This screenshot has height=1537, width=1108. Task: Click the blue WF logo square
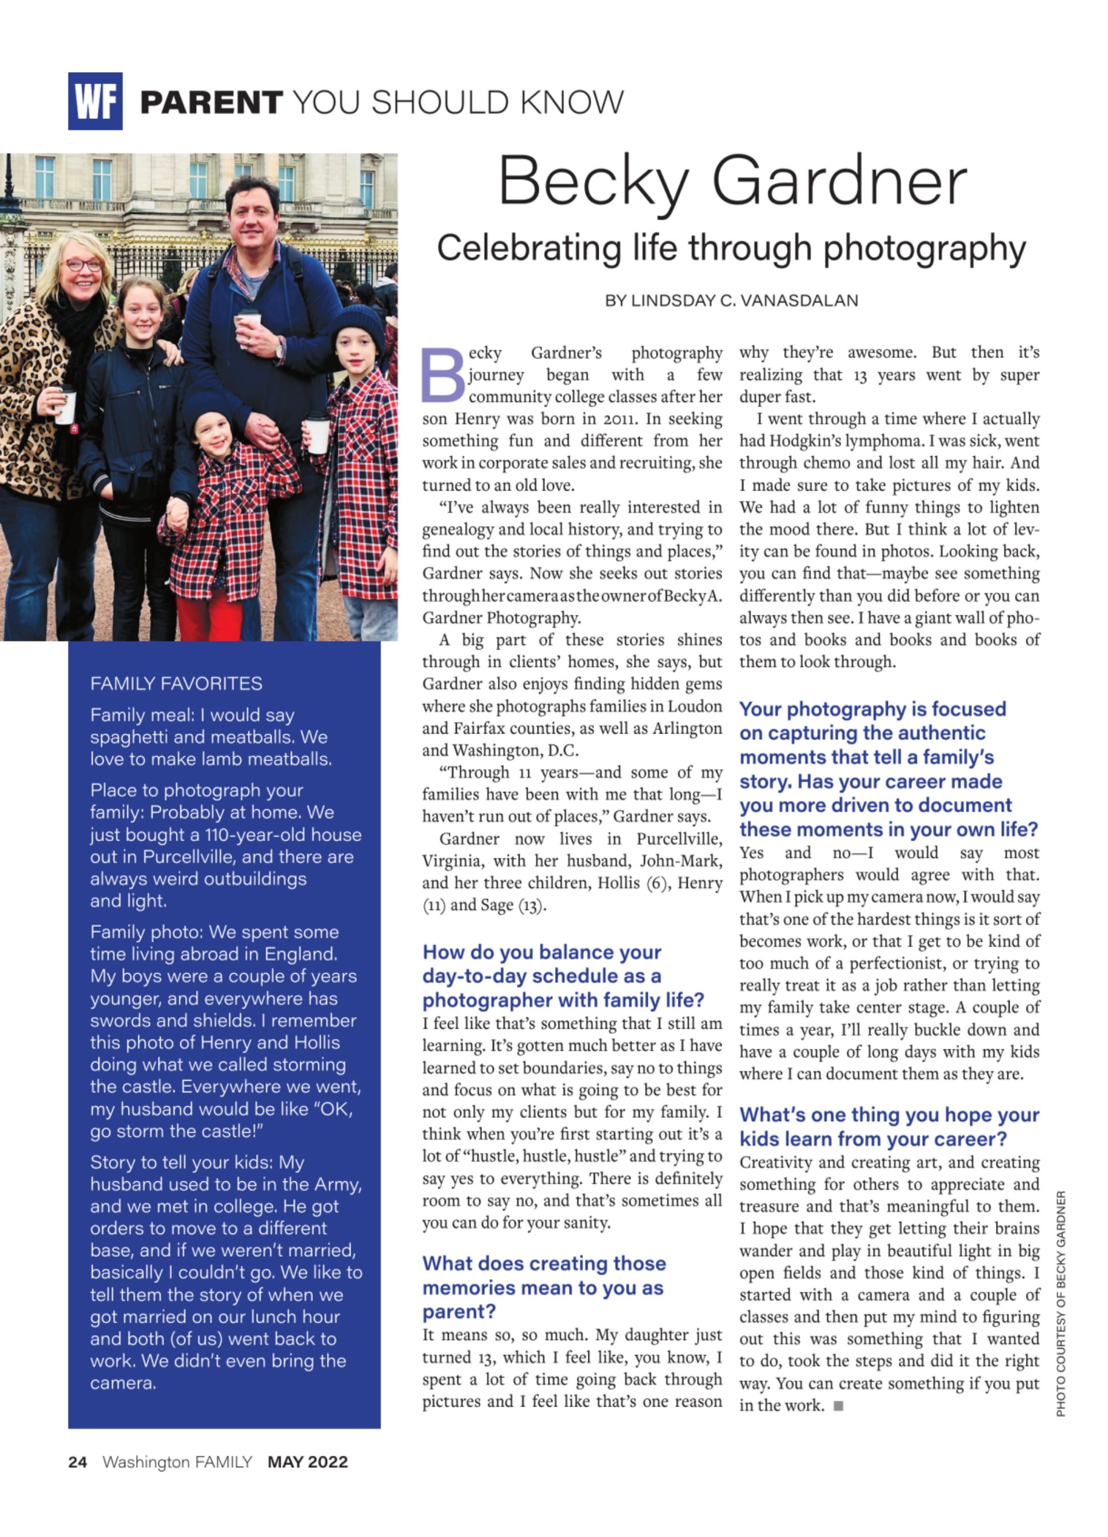click(x=95, y=101)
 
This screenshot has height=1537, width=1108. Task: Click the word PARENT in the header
click(x=212, y=102)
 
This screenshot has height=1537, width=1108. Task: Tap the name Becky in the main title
click(x=593, y=182)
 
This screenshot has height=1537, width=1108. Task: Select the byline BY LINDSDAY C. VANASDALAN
click(x=731, y=300)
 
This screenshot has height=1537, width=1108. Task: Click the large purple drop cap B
click(x=443, y=374)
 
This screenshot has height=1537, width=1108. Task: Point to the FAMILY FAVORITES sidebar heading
click(x=176, y=683)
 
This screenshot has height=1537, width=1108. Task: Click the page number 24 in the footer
click(x=77, y=1462)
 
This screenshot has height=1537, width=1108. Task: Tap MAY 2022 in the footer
click(x=308, y=1462)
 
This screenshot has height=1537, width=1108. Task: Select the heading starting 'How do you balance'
click(x=563, y=976)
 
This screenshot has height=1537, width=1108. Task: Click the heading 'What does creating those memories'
click(x=544, y=1287)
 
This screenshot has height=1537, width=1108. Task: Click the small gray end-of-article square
click(x=838, y=1405)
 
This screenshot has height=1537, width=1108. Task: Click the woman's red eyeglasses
click(x=84, y=265)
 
